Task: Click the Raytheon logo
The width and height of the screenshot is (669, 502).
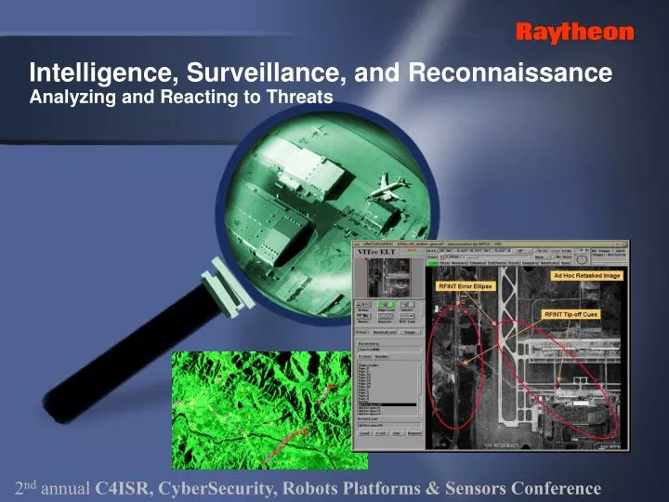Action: (574, 33)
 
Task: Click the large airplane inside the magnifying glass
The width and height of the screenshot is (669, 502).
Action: (388, 187)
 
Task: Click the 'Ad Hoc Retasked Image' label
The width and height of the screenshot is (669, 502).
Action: (585, 275)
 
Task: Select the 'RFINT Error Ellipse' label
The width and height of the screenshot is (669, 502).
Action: (466, 287)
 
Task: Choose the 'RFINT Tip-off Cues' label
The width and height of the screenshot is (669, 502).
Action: (571, 314)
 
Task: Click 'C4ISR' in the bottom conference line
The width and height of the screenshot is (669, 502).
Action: (121, 488)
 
